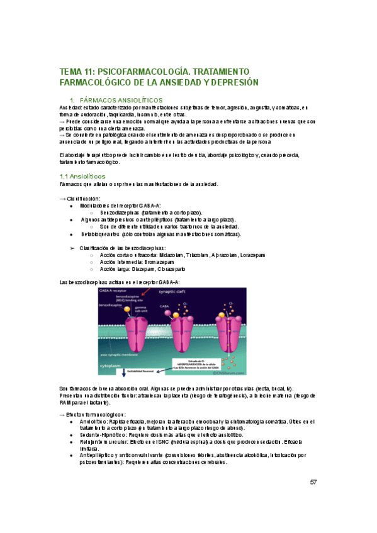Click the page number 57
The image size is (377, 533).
pyautogui.click(x=313, y=483)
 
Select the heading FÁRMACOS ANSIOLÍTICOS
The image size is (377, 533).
pyautogui.click(x=121, y=100)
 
